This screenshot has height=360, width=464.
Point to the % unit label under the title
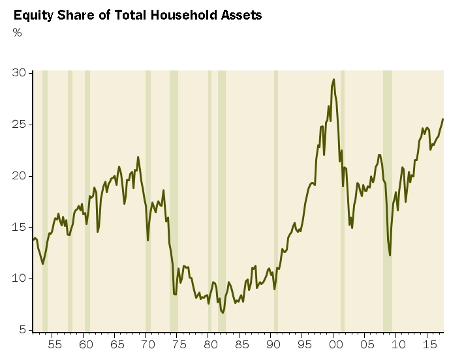(18, 33)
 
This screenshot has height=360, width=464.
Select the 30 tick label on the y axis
(20, 73)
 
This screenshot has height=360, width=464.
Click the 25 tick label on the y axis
(20, 125)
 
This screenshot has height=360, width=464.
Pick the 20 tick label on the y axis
(20, 176)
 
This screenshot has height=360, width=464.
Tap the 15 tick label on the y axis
(20, 227)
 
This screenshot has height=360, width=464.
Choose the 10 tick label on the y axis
(20, 278)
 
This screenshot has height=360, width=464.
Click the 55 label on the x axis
(55, 344)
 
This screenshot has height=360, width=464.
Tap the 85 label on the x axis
(241, 344)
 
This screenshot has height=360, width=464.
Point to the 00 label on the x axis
(334, 344)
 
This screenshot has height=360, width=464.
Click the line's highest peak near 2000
(333, 80)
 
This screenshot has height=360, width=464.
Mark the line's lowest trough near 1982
(223, 313)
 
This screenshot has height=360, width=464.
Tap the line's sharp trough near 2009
(390, 255)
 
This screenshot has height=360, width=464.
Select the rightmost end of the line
(443, 119)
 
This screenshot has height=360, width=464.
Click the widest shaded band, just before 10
(388, 202)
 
